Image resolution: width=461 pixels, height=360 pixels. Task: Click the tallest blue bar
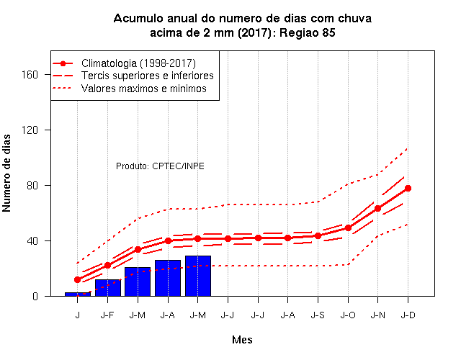(198, 276)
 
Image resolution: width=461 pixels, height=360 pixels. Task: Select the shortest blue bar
(78, 294)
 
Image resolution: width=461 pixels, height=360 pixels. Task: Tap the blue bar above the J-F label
(108, 288)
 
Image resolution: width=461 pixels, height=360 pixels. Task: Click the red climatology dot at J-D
(408, 189)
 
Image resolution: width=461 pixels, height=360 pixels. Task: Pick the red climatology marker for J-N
(377, 208)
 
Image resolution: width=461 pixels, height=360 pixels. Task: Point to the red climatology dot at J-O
(348, 228)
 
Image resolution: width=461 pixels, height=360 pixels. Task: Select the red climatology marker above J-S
(318, 235)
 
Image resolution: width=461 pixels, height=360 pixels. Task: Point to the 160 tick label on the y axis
(30, 75)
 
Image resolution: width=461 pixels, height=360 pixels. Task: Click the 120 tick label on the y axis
(30, 130)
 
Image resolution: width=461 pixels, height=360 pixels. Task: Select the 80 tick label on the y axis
(32, 186)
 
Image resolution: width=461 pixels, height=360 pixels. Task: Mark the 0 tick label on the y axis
(35, 296)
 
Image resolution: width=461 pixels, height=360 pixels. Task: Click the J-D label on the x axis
(408, 315)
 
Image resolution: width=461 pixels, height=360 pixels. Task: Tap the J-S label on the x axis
(318, 315)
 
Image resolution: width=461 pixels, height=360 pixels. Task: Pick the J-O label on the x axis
(348, 315)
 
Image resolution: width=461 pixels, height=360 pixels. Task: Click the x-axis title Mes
(242, 340)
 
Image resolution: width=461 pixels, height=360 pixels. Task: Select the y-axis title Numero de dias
(6, 173)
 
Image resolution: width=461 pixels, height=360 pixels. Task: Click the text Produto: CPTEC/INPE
(160, 166)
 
